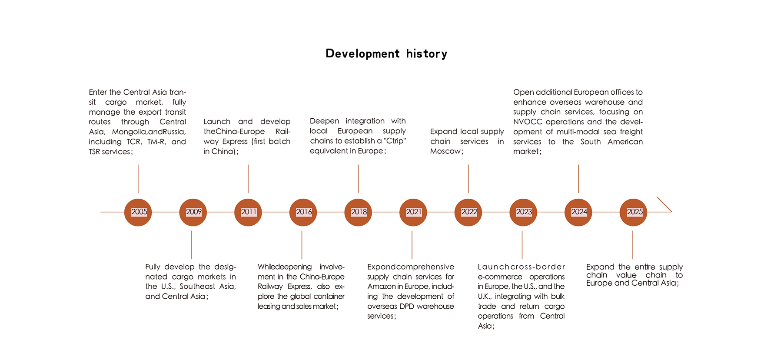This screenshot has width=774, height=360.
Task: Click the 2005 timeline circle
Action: (x=138, y=212)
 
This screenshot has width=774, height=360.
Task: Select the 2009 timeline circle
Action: (x=193, y=212)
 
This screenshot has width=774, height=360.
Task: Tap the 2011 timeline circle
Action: (x=248, y=212)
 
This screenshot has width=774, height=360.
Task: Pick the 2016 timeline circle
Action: (x=303, y=212)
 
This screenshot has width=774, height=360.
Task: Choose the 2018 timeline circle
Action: (x=358, y=212)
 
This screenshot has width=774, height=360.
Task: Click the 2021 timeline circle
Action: (x=413, y=212)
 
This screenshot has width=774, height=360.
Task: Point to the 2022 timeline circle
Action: (x=468, y=212)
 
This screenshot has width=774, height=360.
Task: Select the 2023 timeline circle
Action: (x=523, y=212)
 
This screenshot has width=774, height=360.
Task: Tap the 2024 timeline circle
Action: (x=578, y=212)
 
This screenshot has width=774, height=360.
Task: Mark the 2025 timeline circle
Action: (x=633, y=212)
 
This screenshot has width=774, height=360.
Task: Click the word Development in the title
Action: (x=362, y=54)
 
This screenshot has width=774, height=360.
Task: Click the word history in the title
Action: (x=427, y=54)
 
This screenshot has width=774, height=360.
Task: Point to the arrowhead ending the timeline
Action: (x=671, y=212)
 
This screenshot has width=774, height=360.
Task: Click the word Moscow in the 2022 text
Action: (x=445, y=151)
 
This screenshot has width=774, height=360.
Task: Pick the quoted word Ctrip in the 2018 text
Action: (x=395, y=141)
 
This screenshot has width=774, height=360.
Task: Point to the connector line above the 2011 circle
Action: (x=248, y=179)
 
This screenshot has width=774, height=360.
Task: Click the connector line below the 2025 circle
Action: (x=632, y=245)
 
